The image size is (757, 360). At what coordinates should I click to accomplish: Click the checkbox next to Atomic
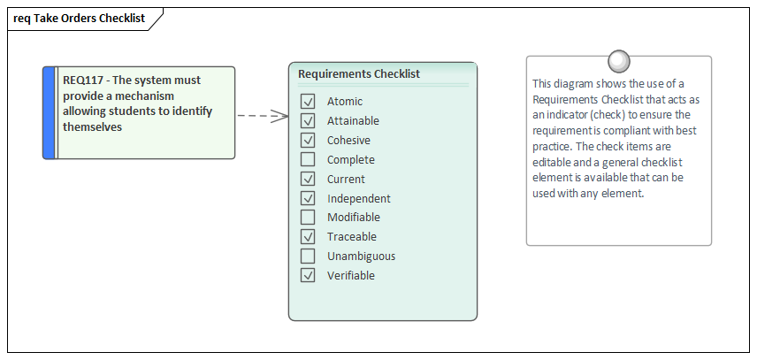point(308,102)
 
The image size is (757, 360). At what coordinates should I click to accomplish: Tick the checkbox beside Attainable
point(308,120)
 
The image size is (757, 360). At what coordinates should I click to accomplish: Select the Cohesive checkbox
point(308,140)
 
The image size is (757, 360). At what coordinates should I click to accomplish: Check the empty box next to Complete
point(308,159)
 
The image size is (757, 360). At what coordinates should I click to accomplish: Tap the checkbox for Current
point(308,179)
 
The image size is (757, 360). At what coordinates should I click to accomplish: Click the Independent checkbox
point(308,198)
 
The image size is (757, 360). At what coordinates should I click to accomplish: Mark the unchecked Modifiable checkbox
point(308,217)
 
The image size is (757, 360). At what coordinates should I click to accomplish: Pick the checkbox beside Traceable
point(308,236)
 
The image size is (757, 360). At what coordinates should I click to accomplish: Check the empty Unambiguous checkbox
point(308,256)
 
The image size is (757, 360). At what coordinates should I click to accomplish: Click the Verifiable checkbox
point(308,275)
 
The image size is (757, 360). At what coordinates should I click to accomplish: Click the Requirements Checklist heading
point(359,74)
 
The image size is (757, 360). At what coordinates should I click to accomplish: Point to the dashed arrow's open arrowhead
point(281,115)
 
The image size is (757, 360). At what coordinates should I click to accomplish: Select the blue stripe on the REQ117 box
point(50,112)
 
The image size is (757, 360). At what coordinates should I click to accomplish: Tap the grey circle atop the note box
point(619,61)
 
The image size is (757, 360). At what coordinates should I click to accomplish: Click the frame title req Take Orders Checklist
point(79,18)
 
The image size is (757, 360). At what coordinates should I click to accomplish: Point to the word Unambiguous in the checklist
point(361,257)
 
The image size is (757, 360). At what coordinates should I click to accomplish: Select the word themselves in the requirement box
point(92,127)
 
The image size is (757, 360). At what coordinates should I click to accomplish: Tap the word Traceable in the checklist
point(351,237)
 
